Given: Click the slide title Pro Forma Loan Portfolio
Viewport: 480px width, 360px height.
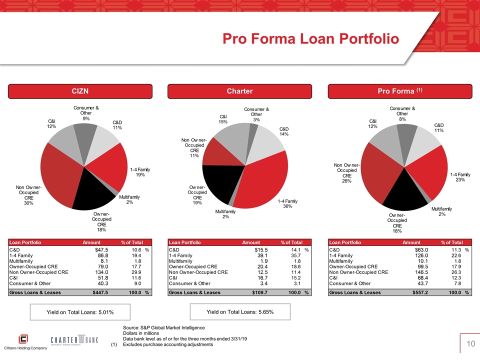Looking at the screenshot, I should (310, 39).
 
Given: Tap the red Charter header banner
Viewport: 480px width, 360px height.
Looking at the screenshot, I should (239, 91).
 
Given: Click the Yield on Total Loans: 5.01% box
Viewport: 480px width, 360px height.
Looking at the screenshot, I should (80, 312).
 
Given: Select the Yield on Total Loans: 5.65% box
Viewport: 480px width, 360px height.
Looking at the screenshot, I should (240, 312).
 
